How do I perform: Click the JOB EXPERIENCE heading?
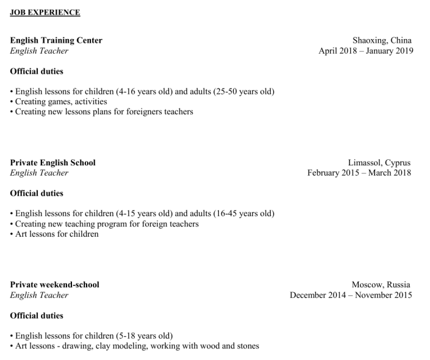click(45, 12)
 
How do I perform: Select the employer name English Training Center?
click(56, 40)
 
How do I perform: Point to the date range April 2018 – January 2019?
click(365, 51)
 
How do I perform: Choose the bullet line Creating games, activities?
click(61, 102)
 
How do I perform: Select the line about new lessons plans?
click(104, 112)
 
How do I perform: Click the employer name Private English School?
click(52, 163)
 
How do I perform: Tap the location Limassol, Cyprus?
click(379, 163)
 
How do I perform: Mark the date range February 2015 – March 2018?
click(359, 173)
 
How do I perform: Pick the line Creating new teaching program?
click(107, 224)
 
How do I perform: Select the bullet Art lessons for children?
click(57, 234)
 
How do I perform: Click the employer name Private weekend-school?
click(54, 284)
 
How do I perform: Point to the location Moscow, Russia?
click(381, 284)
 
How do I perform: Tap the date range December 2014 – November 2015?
click(351, 295)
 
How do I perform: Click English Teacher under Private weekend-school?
click(39, 295)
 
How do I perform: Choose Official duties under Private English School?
click(37, 193)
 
